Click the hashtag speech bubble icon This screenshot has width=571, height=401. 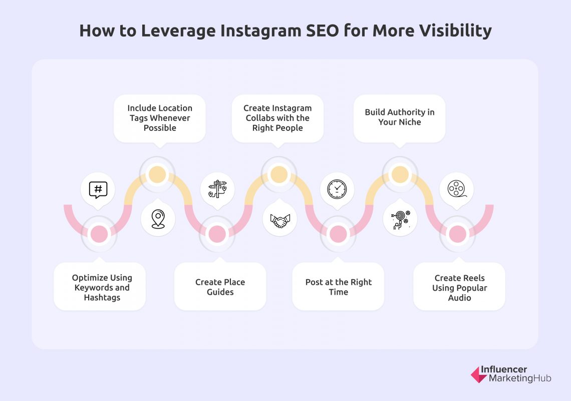coord(98,190)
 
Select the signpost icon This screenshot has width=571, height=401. coord(217,190)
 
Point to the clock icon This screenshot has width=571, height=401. coord(337,190)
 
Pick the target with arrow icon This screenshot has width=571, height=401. coord(400,219)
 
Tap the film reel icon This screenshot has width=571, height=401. coord(456,190)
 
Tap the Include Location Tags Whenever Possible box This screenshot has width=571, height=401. coord(160,118)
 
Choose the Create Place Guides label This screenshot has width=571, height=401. coord(220,287)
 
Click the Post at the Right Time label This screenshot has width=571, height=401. coord(339,287)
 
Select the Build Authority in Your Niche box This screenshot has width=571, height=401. coord(400,117)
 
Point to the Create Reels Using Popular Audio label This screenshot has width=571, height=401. coord(459,287)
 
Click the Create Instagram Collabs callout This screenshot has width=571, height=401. coord(277,118)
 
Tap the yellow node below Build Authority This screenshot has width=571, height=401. coord(400,175)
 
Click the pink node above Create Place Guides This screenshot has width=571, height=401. coord(217,234)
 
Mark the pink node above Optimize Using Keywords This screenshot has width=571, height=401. coord(99,234)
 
